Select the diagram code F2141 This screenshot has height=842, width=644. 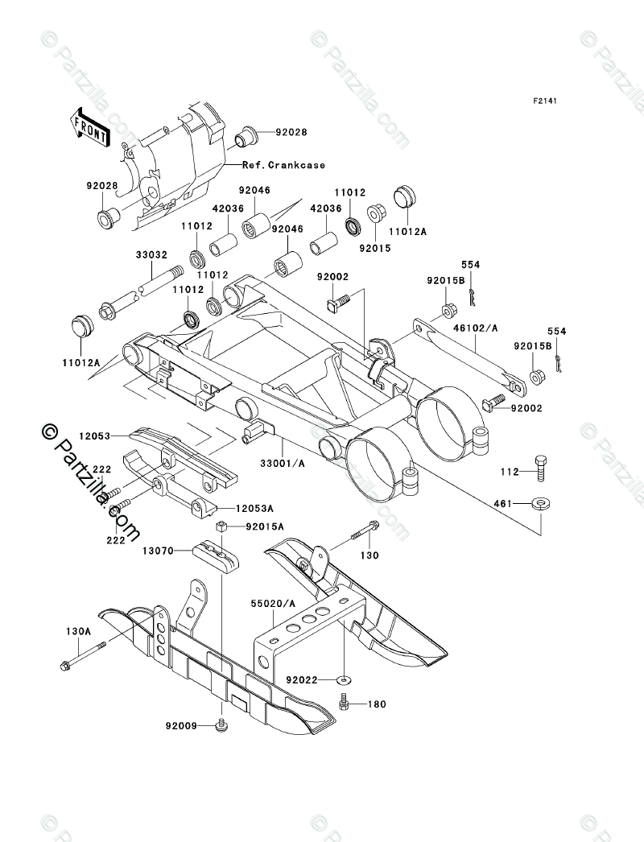545,101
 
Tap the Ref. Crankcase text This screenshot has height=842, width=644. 283,165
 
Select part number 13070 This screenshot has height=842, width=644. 159,551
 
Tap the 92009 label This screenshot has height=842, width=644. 182,727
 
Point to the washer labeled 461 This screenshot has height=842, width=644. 541,504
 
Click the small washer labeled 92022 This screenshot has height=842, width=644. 343,680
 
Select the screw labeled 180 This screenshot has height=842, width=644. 344,701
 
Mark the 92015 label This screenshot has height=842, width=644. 375,249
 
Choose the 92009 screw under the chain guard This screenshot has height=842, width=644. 220,725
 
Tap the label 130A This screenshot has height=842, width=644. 78,631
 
